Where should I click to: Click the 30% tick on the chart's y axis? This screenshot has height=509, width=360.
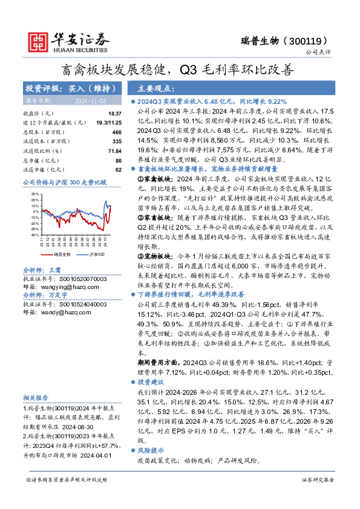[34, 195]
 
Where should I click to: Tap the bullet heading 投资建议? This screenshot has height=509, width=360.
[151, 382]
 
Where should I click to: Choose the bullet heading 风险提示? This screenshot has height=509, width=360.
[151, 450]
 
